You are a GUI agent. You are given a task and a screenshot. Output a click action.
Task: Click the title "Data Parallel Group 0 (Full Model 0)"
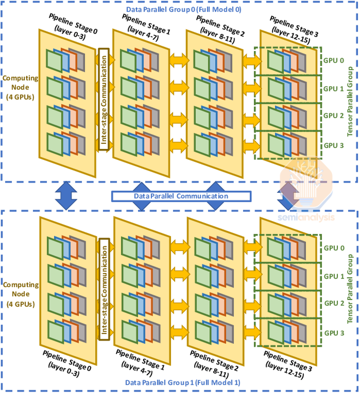click(183, 9)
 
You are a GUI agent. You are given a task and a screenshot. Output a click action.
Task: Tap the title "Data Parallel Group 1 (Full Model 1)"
click(183, 382)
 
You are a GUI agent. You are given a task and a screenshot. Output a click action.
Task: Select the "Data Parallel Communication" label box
click(181, 196)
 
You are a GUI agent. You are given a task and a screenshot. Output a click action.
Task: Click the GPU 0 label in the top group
click(333, 60)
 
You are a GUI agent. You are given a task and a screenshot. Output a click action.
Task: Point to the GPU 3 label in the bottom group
click(334, 333)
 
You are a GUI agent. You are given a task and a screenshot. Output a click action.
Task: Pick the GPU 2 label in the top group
click(333, 116)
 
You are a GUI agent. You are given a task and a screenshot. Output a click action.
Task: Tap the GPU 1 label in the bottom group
click(334, 276)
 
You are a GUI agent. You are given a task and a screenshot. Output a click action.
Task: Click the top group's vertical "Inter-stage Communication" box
click(104, 99)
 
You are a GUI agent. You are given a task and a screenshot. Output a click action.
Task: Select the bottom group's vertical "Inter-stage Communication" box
click(104, 289)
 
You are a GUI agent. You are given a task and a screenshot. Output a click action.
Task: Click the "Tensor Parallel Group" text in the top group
click(350, 102)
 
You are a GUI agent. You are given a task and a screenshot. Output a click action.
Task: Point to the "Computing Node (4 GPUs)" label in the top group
click(20, 87)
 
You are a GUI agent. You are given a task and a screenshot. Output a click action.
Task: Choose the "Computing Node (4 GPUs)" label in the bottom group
click(21, 294)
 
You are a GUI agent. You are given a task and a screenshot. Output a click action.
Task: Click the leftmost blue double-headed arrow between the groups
click(66, 195)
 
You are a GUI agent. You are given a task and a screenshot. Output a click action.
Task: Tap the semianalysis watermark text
click(306, 217)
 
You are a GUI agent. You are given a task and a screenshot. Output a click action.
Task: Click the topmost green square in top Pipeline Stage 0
click(54, 61)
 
